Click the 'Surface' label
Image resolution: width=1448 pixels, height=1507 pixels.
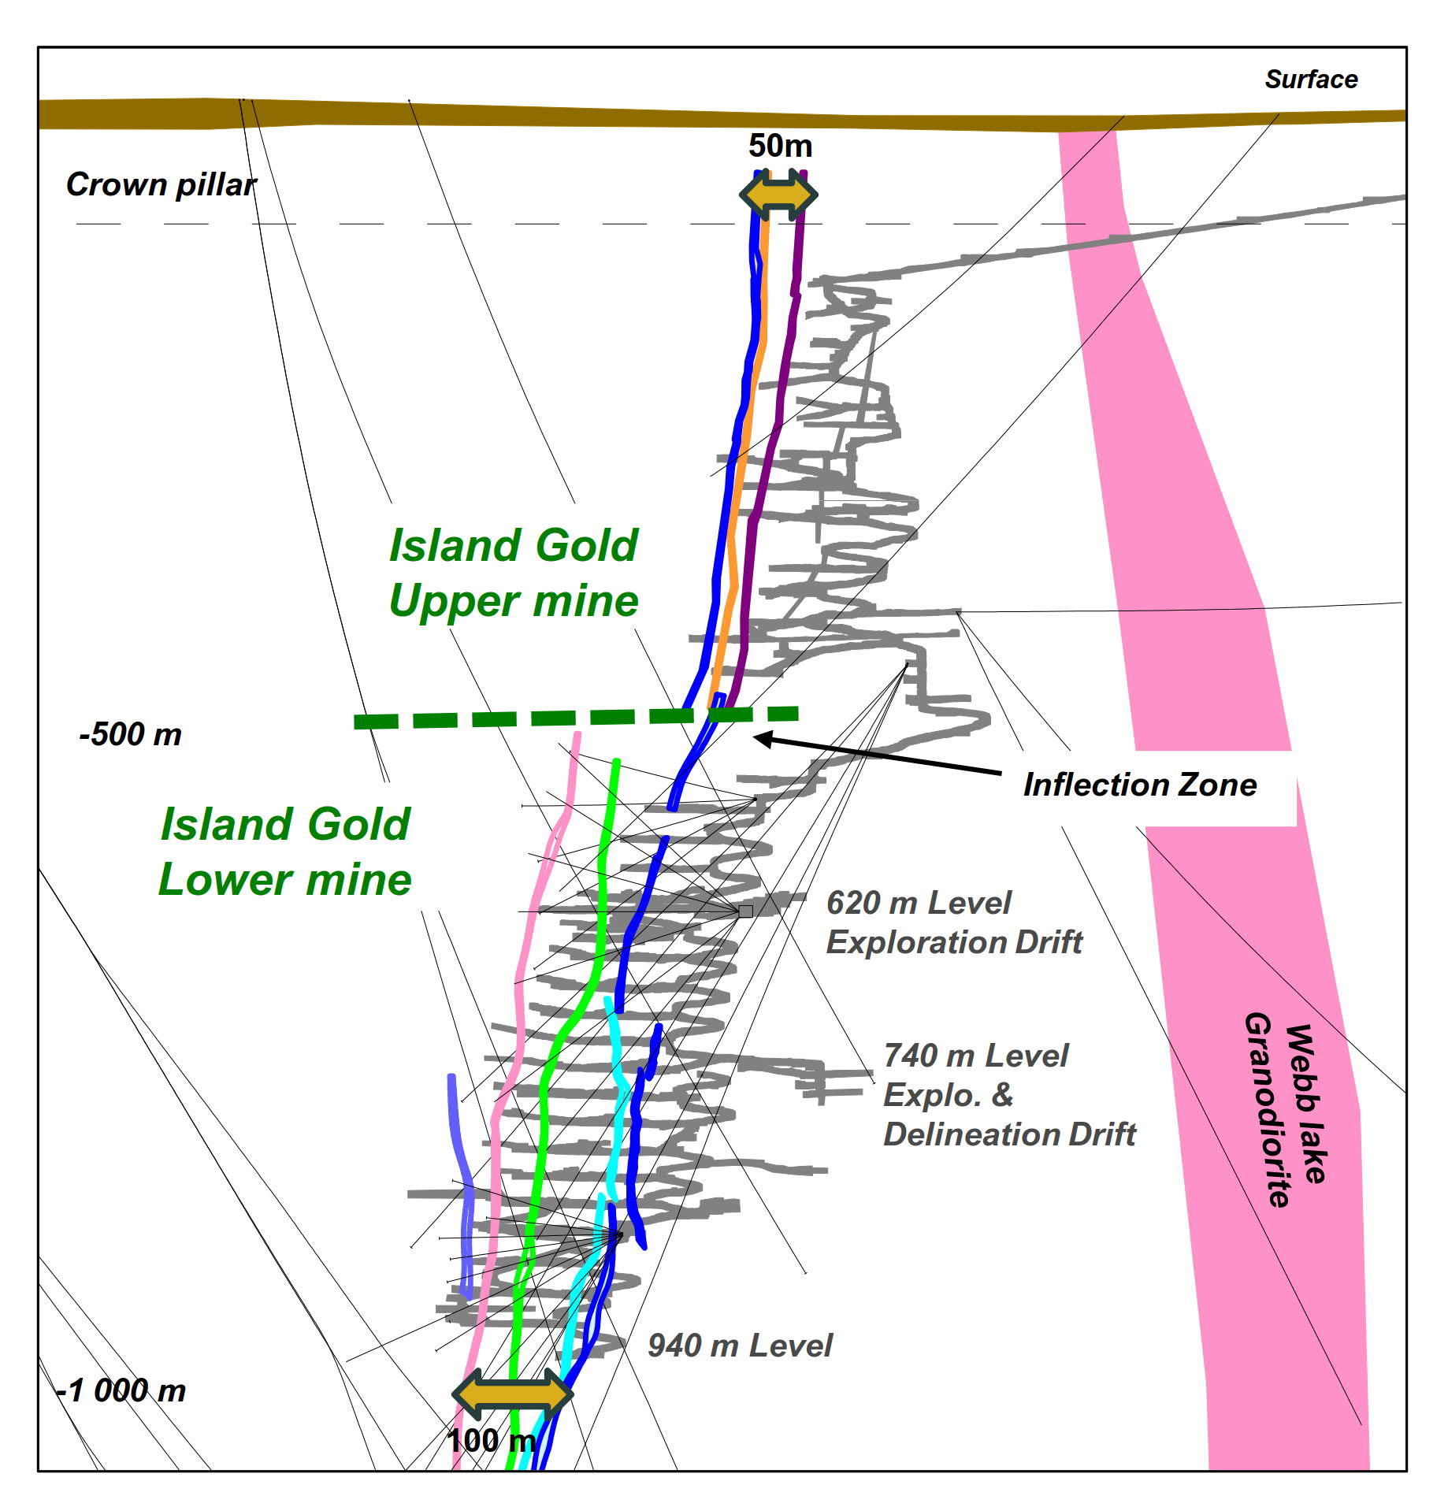(x=1310, y=80)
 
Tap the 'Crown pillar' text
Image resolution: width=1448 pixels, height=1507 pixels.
(x=161, y=185)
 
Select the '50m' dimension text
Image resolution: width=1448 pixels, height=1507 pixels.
(x=779, y=146)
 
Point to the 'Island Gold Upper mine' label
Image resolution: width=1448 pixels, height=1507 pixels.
(x=514, y=573)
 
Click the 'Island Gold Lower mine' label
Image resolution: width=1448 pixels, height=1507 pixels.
(x=285, y=852)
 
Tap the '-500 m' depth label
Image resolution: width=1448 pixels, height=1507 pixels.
(x=131, y=734)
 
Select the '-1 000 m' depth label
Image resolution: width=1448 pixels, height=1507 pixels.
(x=122, y=1390)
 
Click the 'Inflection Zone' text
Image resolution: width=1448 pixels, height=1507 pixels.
(x=1139, y=785)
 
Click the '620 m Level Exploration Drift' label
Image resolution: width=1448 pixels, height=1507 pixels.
(x=953, y=922)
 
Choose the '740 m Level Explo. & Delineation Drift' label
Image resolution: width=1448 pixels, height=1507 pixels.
(x=1008, y=1095)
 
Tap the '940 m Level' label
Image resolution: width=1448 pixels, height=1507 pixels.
(x=739, y=1346)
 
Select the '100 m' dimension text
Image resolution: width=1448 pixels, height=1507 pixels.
(x=492, y=1441)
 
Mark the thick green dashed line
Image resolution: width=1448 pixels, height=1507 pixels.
(x=575, y=717)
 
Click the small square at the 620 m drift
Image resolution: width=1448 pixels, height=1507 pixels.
(x=745, y=911)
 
